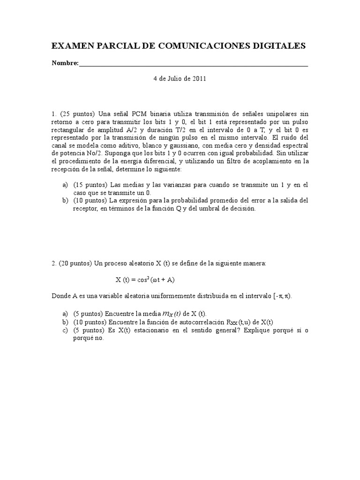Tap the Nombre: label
[x=65, y=63]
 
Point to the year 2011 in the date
[x=199, y=79]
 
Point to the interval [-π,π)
[x=286, y=296]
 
